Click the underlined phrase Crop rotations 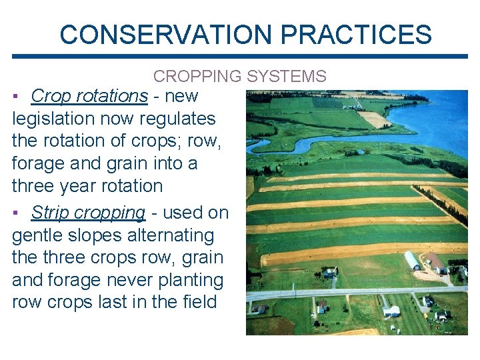coord(89,96)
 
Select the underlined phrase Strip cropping coord(88,213)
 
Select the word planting coord(190,280)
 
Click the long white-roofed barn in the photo coord(413,260)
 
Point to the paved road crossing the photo coord(353,292)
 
